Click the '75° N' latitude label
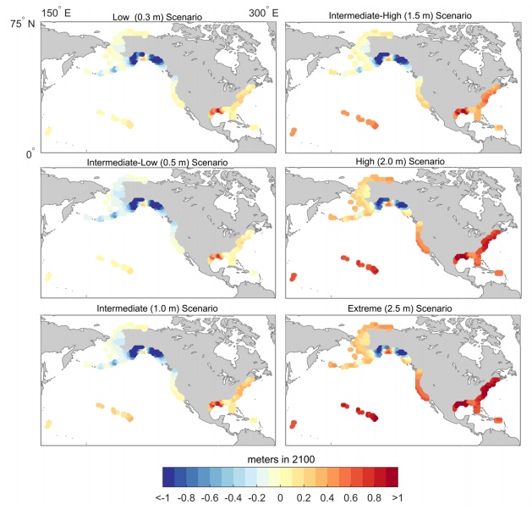pos(20,25)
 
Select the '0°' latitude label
pos(30,154)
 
